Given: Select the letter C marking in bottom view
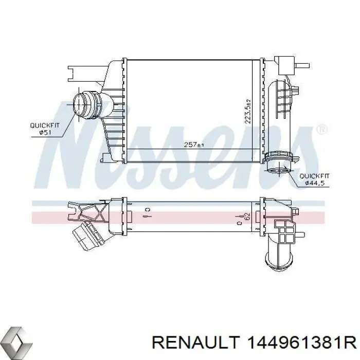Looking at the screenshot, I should click(147, 210).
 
